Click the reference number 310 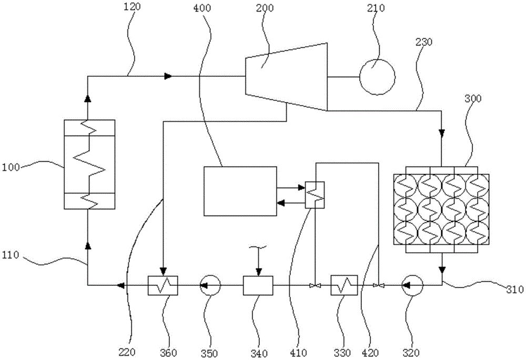(514, 290)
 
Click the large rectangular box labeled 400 (240, 191)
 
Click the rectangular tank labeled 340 (258, 285)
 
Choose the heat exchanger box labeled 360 (163, 285)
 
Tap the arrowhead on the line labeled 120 (168, 76)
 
